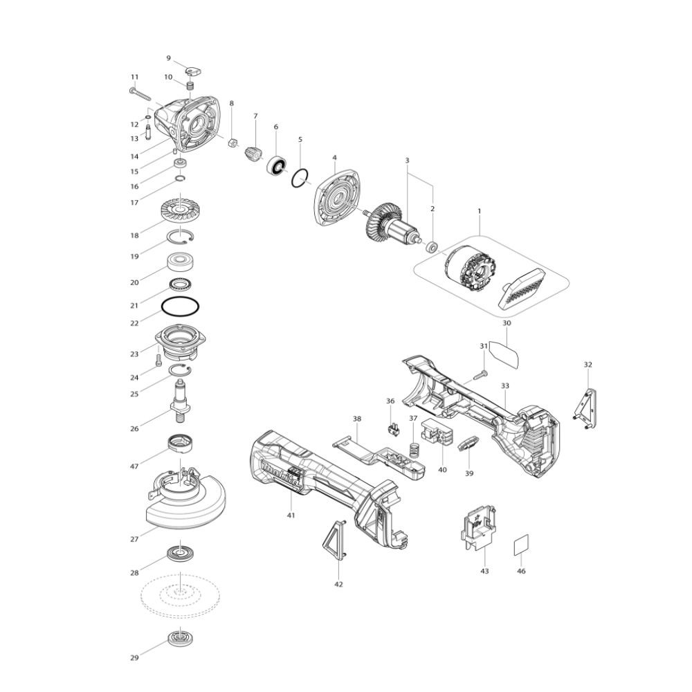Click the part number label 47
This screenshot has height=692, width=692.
pos(135,466)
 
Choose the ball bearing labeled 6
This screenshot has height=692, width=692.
pos(277,167)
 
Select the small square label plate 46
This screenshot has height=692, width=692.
pos(521,546)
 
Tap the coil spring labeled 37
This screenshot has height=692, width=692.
pos(414,449)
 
